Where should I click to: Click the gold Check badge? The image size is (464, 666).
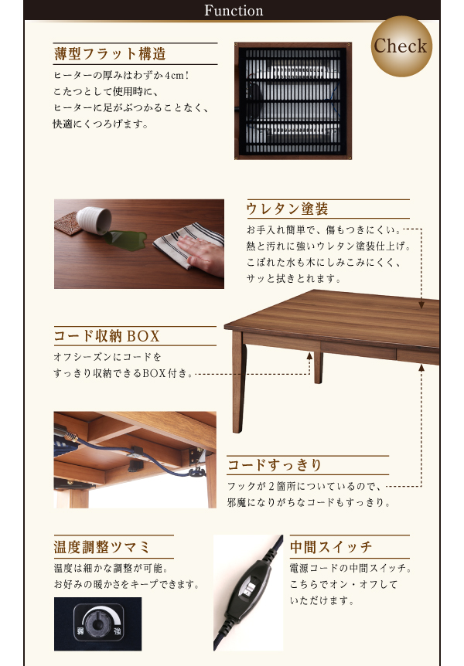click(x=401, y=46)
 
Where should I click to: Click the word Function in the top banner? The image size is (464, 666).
click(x=234, y=11)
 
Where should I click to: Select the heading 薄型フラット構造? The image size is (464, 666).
click(x=110, y=54)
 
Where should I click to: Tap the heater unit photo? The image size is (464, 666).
click(x=292, y=100)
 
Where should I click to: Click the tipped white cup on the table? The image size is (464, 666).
click(x=94, y=220)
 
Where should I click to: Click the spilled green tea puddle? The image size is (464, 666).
click(x=126, y=240)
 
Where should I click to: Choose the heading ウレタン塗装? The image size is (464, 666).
click(x=287, y=209)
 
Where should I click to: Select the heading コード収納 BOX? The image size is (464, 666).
click(x=107, y=336)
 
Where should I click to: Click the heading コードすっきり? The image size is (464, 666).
click(x=275, y=464)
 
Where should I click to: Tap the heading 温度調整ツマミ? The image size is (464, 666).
click(x=101, y=547)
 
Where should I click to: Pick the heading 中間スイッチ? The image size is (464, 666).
click(x=331, y=547)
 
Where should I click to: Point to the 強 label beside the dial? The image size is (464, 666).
click(x=118, y=630)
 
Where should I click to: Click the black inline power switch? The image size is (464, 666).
click(x=248, y=591)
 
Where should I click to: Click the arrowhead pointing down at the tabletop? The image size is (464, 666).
click(x=421, y=304)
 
